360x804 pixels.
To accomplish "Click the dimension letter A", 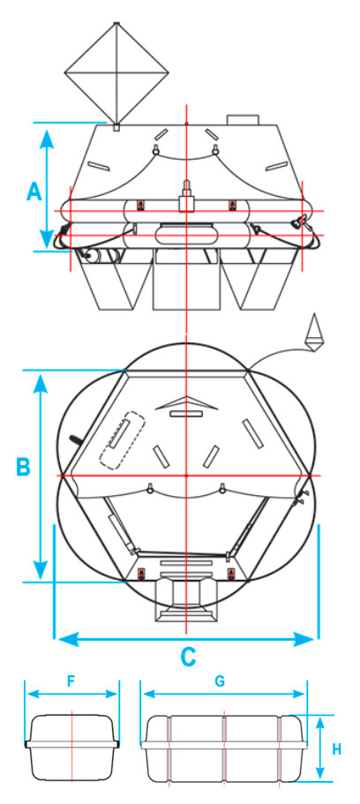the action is coord(34,192).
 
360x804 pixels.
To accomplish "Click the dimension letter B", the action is coord(23,467).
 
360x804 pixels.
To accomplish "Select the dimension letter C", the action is coord(188,656).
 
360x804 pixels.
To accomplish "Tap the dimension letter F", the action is coord(71,681).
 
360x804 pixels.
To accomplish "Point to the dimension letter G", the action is coord(220,681).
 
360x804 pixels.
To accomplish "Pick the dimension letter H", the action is coord(336,749).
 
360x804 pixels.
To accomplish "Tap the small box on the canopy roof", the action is coord(242,119).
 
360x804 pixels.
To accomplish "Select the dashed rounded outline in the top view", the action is coord(123,440).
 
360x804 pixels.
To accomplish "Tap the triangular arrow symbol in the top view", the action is coord(187,403).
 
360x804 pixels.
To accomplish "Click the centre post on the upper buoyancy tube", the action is coord(187,197).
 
